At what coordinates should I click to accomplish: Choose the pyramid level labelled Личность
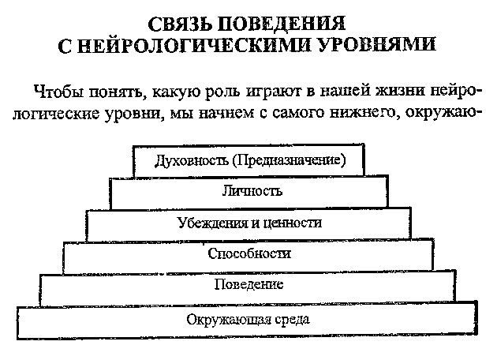click(x=248, y=192)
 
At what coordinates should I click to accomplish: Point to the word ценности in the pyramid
click(x=284, y=223)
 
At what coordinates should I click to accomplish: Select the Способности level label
click(x=248, y=253)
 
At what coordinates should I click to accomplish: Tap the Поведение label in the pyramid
click(x=248, y=283)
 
